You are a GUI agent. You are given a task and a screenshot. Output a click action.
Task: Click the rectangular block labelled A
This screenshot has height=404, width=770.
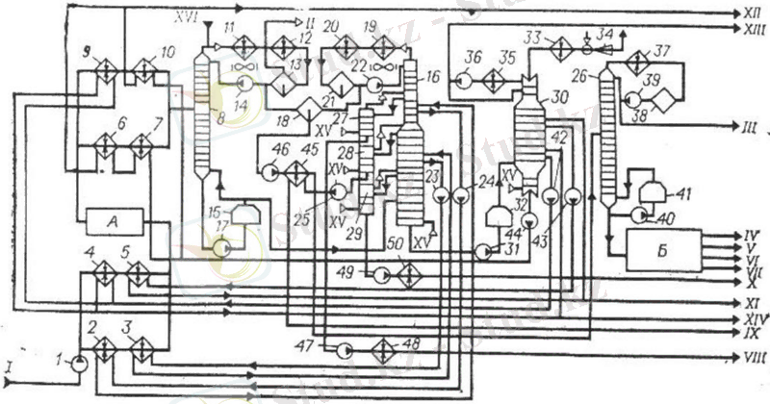pyautogui.click(x=115, y=221)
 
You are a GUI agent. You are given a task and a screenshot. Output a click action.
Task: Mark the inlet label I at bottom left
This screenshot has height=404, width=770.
pyautogui.click(x=9, y=366)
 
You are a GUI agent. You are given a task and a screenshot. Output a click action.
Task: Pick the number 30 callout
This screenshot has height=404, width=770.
pyautogui.click(x=557, y=98)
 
